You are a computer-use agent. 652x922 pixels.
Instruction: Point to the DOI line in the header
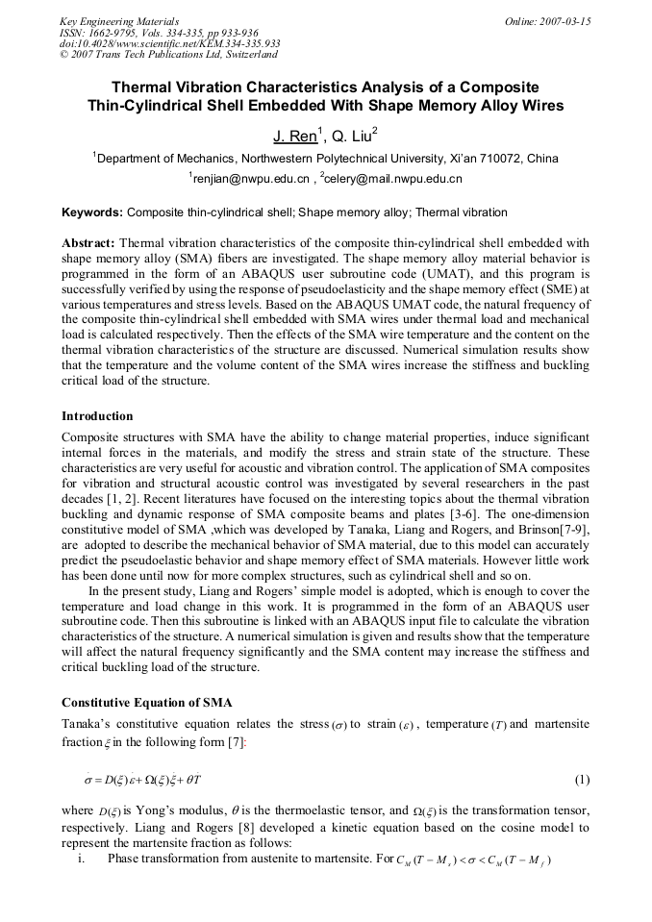click(x=169, y=43)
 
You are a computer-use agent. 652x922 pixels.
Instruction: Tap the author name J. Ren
click(x=293, y=137)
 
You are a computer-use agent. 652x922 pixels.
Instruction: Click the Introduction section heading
click(x=97, y=416)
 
